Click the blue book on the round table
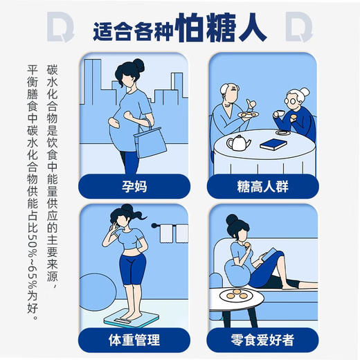point(271,145)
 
